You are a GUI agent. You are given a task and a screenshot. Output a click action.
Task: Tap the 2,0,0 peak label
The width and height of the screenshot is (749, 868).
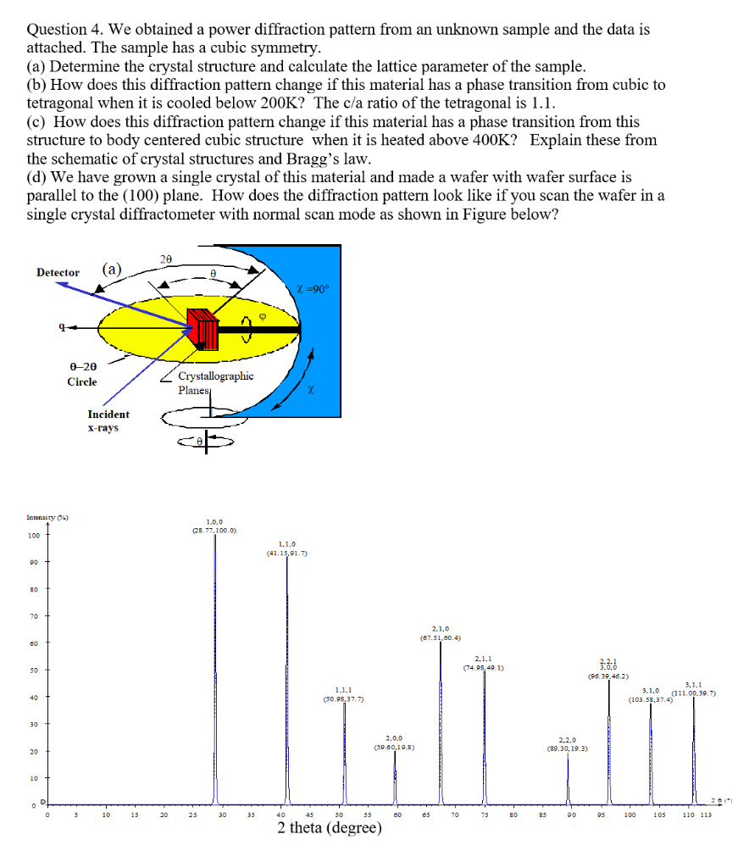tap(394, 743)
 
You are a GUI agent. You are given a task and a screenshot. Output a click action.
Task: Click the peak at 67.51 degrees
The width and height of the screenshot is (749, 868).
tap(441, 721)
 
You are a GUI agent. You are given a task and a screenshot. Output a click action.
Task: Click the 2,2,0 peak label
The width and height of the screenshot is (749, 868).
tap(568, 744)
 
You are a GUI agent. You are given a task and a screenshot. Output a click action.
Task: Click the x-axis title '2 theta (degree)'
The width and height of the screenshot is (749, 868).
tap(329, 827)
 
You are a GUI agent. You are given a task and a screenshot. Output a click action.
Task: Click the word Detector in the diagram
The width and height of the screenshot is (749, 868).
tap(58, 272)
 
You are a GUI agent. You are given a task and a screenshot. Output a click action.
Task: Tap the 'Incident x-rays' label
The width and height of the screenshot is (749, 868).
tap(108, 420)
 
